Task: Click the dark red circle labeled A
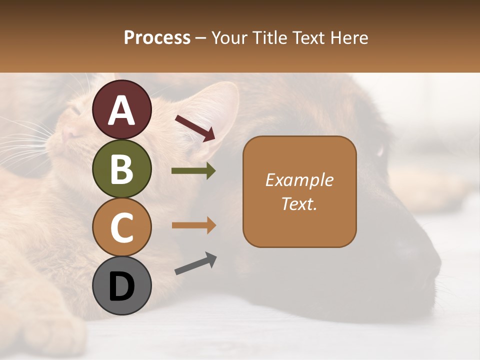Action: [122, 109]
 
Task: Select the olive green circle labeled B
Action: [122, 168]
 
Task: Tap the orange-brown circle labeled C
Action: [122, 227]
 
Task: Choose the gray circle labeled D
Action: [122, 285]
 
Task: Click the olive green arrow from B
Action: [193, 171]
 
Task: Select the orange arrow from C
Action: [193, 225]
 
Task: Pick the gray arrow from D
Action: [195, 263]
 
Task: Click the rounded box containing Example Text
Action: [299, 191]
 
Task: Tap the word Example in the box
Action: [299, 180]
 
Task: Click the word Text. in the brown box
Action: [299, 203]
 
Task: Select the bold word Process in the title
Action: [157, 37]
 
